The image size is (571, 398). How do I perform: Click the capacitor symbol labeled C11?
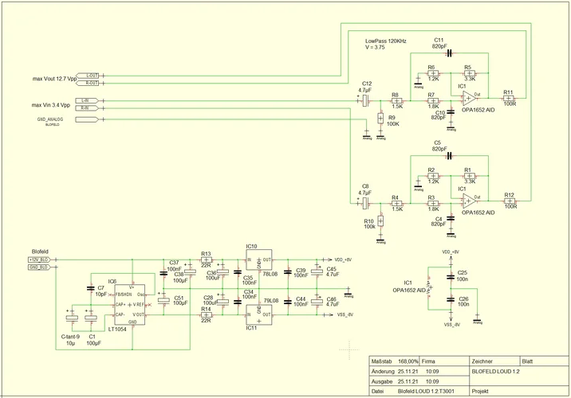click(449, 53)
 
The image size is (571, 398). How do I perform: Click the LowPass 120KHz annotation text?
click(386, 40)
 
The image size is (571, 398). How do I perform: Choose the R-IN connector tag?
click(89, 107)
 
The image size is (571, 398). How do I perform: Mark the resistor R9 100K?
click(380, 118)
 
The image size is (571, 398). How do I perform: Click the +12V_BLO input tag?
click(40, 259)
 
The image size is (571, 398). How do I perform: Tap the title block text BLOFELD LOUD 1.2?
click(496, 372)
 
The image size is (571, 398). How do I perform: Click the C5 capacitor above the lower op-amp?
click(449, 156)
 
